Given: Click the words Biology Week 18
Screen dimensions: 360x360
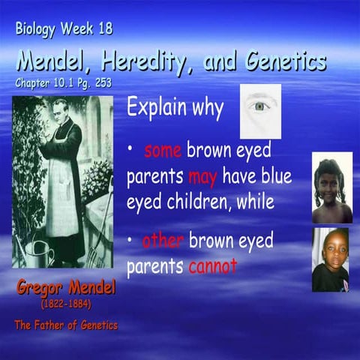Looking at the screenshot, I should click(x=64, y=30).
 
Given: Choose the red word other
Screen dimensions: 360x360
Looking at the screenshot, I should click(x=163, y=241).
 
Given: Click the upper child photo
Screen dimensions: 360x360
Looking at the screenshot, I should click(x=331, y=187).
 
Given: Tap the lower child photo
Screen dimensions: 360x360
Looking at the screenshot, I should click(x=330, y=259).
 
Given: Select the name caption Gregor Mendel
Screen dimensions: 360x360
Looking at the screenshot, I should click(x=66, y=289).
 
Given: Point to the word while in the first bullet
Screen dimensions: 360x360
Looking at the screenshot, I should click(x=255, y=202).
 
